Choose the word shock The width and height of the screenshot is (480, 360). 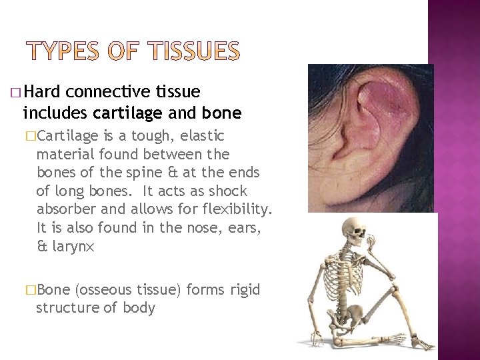(226, 191)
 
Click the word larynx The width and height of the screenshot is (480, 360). (73, 247)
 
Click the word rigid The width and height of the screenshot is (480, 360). (245, 290)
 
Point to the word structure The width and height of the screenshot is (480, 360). (65, 308)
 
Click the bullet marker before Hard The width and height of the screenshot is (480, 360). (17, 92)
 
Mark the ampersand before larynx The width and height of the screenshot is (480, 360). (42, 247)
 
